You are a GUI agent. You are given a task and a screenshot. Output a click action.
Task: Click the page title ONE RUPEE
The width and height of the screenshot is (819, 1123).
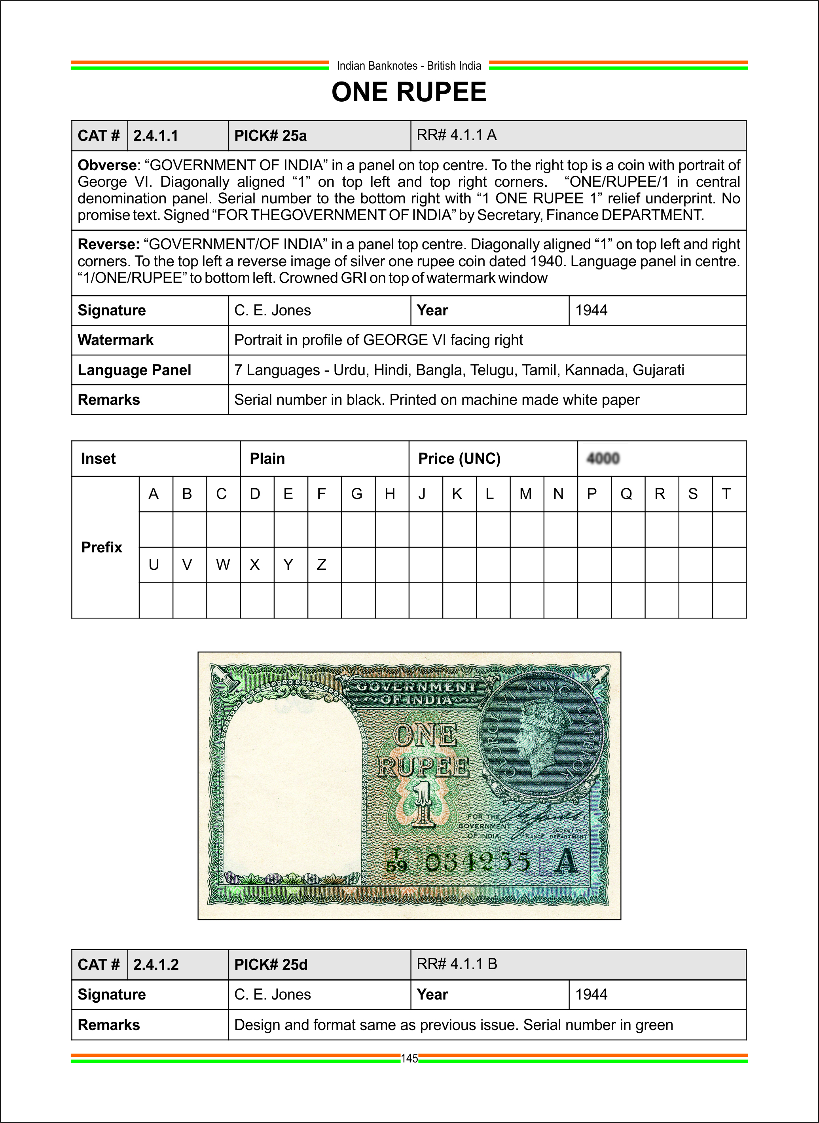pyautogui.click(x=409, y=92)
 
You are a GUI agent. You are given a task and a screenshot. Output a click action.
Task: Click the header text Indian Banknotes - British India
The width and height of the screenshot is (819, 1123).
pyautogui.click(x=409, y=66)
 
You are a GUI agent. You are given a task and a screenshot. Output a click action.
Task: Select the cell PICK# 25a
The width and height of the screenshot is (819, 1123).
pyautogui.click(x=270, y=135)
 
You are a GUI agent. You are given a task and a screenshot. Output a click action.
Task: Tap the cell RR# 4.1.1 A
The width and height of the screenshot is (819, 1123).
pyautogui.click(x=457, y=135)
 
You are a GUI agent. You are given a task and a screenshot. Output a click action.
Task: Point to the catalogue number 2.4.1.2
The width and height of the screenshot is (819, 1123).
pyautogui.click(x=155, y=964)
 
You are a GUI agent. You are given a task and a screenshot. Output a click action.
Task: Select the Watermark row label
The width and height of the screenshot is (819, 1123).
pyautogui.click(x=116, y=340)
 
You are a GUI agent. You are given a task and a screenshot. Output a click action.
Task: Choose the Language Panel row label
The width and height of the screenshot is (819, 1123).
pyautogui.click(x=135, y=370)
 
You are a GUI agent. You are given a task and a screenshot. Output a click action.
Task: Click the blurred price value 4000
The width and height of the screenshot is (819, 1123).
pyautogui.click(x=603, y=458)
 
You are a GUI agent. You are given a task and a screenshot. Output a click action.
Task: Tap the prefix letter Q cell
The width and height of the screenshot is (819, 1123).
pyautogui.click(x=627, y=494)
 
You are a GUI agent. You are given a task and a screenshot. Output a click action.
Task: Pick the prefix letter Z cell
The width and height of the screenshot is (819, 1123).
pyautogui.click(x=322, y=565)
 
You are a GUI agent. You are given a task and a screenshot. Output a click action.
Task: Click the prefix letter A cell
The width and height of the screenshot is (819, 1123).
pyautogui.click(x=154, y=494)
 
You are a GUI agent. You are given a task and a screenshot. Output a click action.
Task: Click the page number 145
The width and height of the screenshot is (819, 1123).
pyautogui.click(x=409, y=1059)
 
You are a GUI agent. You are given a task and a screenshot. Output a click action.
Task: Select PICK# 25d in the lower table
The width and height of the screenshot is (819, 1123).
pyautogui.click(x=271, y=964)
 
